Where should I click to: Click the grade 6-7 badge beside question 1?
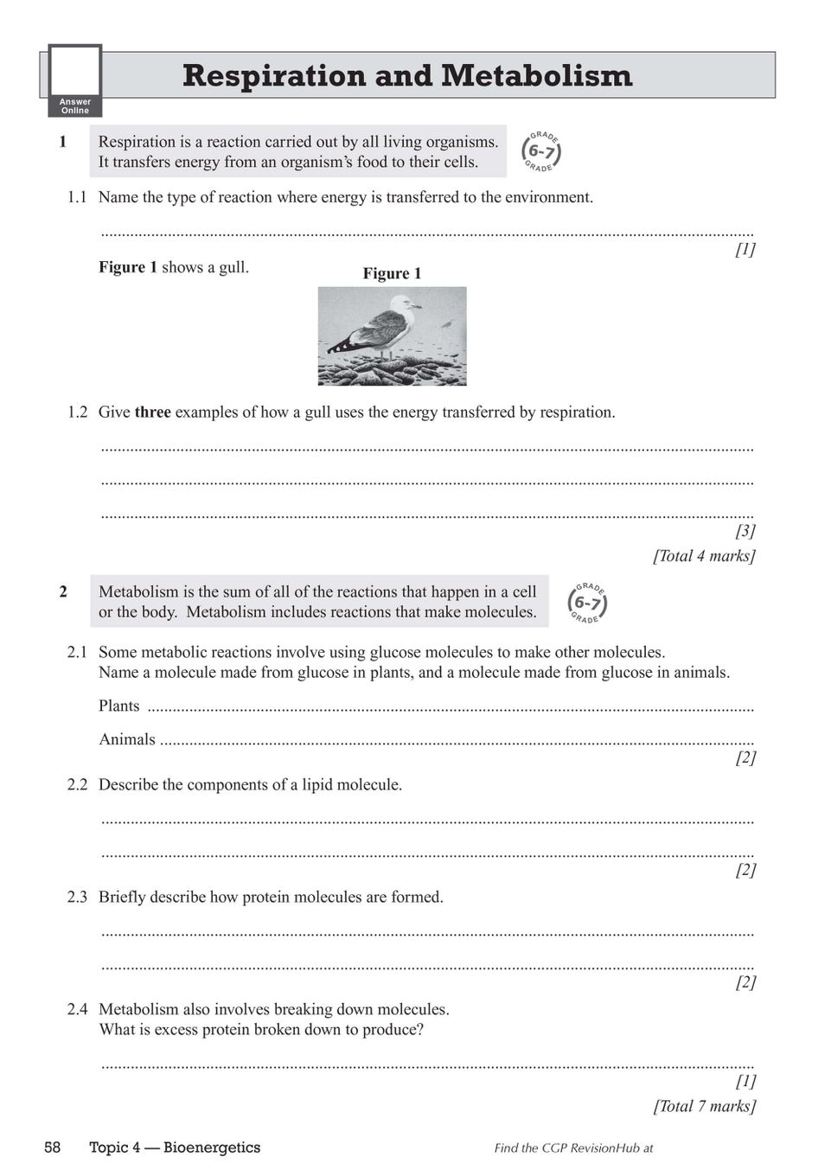coord(541,152)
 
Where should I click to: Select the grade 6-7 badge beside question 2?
coord(587,603)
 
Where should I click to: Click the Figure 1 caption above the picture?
coord(392,273)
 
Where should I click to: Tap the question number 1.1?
coord(77,197)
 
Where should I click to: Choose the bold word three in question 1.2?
coord(152,412)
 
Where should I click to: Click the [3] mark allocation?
coord(745,531)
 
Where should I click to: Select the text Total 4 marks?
coord(704,556)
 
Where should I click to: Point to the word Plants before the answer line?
coord(118,706)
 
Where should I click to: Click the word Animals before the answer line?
coord(127,739)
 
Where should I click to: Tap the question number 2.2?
coord(77,785)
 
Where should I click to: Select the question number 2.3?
coord(77,898)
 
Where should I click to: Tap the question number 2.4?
coord(77,1010)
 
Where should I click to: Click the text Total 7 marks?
coord(704,1106)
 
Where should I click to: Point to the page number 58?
coord(53,1147)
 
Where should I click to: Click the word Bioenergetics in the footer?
coord(212,1147)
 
